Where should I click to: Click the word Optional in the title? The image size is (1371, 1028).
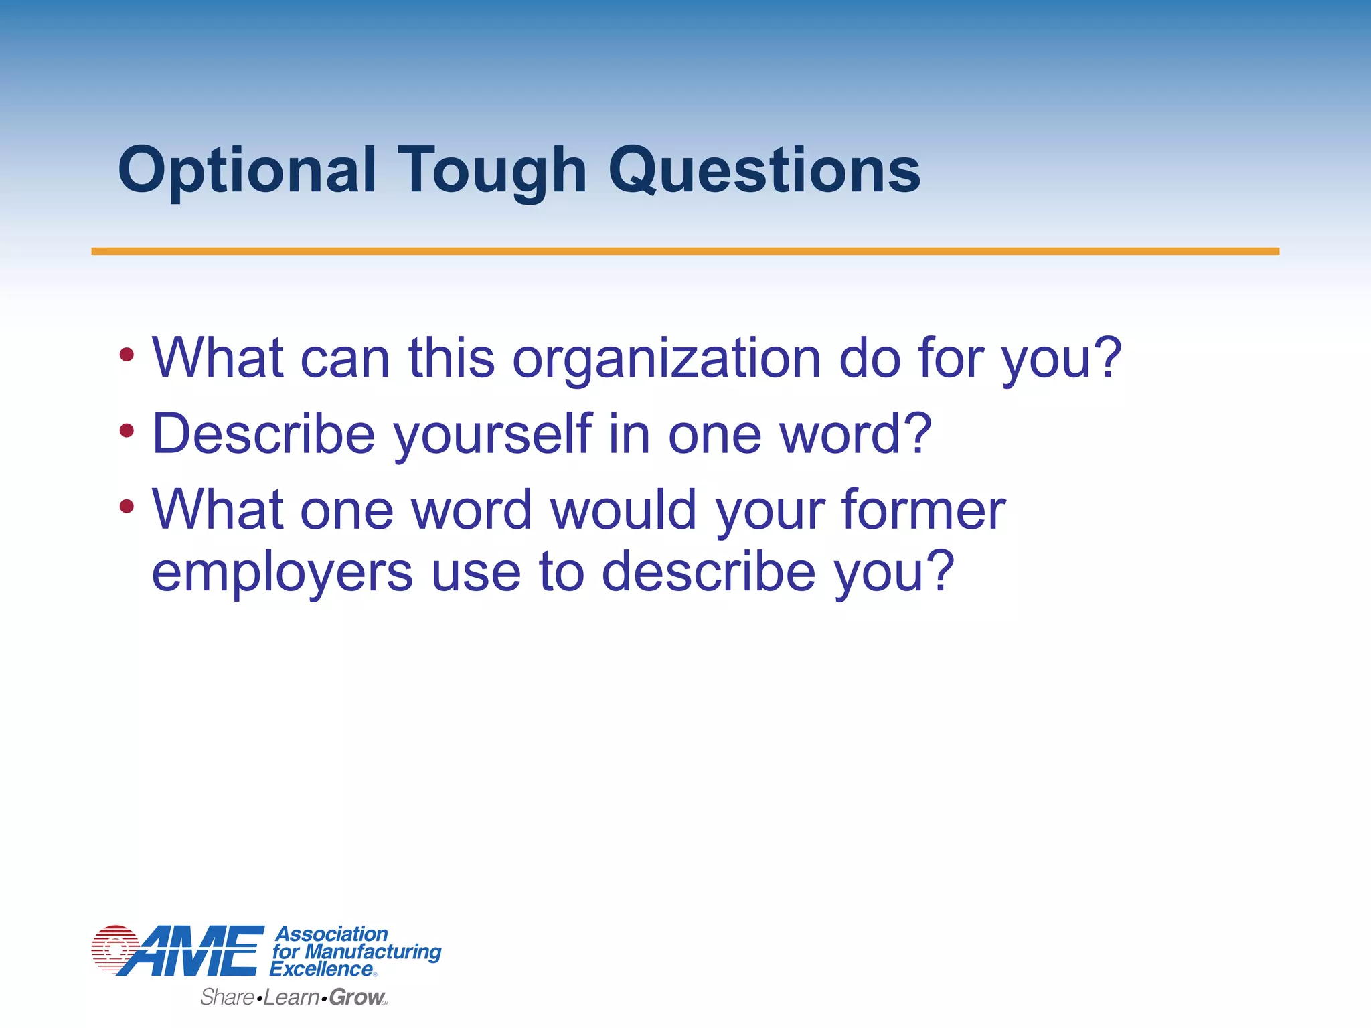[246, 171]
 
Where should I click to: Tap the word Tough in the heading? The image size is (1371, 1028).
[492, 171]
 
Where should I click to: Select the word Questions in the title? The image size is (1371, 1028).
[764, 171]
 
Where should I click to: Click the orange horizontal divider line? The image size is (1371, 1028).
[685, 252]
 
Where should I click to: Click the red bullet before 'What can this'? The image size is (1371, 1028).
[127, 355]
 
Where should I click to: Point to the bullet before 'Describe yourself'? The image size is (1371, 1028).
[127, 430]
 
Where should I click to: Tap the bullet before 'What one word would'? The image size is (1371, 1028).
[127, 506]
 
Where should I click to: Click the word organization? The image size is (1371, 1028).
[666, 359]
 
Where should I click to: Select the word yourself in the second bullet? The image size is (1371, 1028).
[493, 435]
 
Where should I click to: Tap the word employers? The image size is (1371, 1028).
[282, 573]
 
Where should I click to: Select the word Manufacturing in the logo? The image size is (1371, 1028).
[373, 951]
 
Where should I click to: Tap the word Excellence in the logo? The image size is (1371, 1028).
[321, 969]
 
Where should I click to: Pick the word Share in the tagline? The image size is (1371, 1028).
[227, 997]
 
